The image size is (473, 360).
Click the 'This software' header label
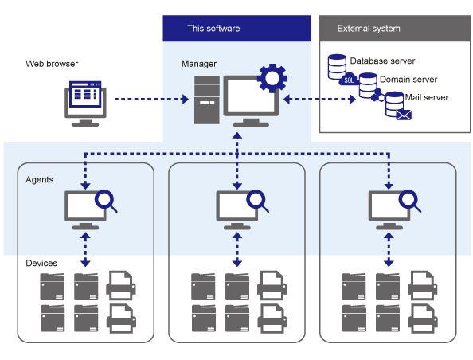click(x=213, y=29)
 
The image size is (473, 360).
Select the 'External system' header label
click(x=369, y=29)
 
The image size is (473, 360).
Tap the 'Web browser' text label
click(x=51, y=63)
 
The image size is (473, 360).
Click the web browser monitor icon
click(x=84, y=102)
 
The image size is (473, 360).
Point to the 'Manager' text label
click(x=198, y=63)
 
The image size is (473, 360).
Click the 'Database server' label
click(x=382, y=61)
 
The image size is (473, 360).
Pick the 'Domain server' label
click(x=408, y=80)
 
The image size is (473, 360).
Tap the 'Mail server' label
click(x=427, y=98)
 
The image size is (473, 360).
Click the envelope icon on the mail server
click(x=403, y=116)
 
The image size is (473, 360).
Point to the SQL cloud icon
click(x=348, y=80)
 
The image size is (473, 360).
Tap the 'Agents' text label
click(x=40, y=180)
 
